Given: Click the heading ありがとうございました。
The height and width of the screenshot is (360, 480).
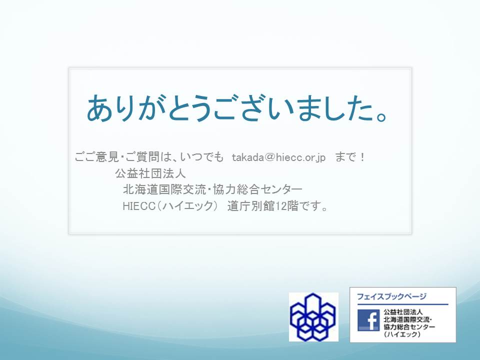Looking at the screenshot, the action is click(237, 108).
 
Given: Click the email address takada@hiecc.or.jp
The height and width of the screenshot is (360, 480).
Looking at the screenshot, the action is click(278, 157).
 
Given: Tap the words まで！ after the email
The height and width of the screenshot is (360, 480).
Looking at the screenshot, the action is click(350, 157).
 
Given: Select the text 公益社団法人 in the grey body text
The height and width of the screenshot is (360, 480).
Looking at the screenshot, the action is click(150, 173).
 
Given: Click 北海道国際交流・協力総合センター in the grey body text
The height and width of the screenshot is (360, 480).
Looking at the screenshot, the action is click(212, 189).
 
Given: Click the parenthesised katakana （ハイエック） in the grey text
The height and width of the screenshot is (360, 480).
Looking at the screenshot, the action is click(187, 206).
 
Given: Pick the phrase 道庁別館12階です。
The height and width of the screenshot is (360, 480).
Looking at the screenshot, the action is click(277, 206).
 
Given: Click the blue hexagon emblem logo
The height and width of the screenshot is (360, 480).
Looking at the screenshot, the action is click(313, 317).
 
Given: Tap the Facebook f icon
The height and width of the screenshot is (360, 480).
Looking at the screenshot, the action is click(368, 320).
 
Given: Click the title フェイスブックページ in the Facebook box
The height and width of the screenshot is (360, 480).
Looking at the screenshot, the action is click(391, 296).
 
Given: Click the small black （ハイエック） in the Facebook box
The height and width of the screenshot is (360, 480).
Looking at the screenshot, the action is click(401, 334).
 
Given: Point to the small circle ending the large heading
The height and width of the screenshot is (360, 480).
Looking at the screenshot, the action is click(382, 116).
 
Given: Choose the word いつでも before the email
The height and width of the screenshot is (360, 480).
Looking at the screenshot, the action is click(201, 157).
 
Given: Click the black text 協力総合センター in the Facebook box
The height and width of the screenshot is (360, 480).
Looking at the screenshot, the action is click(409, 327).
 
